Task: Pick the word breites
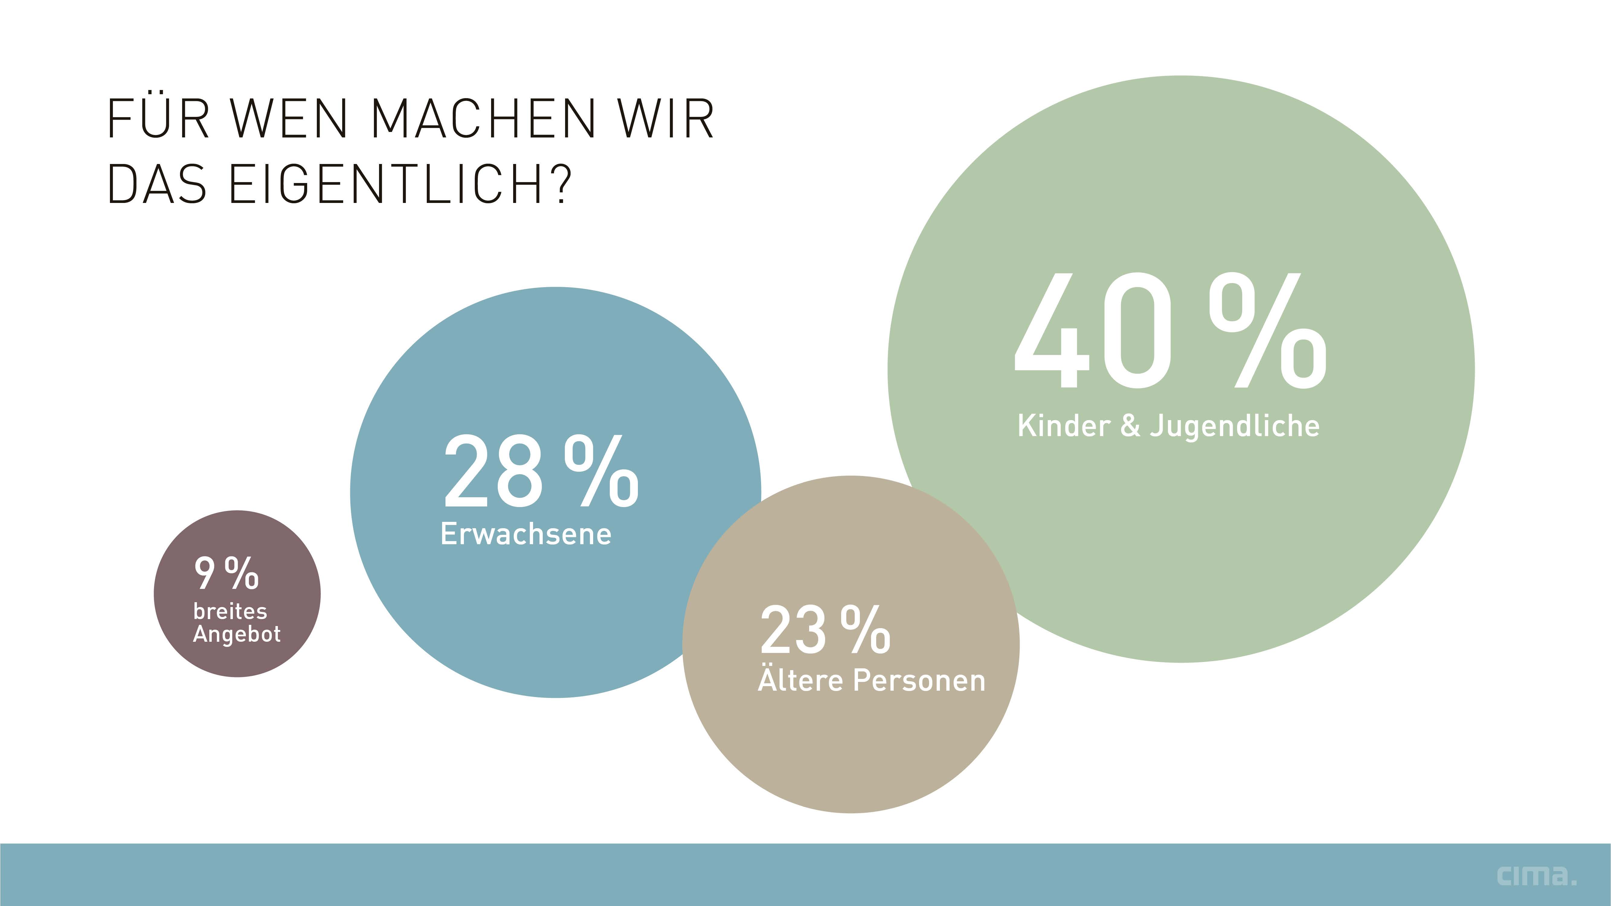pos(230,611)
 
